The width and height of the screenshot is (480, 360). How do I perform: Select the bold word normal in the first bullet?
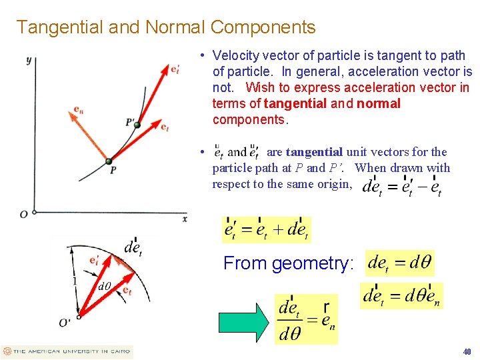click(x=379, y=103)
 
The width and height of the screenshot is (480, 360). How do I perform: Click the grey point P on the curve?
click(x=109, y=160)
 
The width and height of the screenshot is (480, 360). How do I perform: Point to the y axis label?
click(x=29, y=61)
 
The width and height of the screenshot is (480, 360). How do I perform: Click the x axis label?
click(x=185, y=219)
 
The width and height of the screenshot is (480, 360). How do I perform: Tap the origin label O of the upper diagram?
click(x=23, y=214)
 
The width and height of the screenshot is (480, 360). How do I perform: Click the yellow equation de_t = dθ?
click(x=399, y=262)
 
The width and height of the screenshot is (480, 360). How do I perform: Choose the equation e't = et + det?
click(x=266, y=230)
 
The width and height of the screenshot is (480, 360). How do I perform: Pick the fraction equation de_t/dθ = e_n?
click(x=307, y=319)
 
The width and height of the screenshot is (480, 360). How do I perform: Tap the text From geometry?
click(x=288, y=263)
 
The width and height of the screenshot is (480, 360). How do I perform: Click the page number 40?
click(x=467, y=351)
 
